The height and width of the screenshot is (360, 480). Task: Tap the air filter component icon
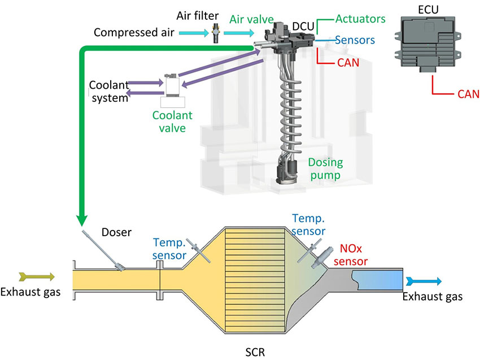point(215,34)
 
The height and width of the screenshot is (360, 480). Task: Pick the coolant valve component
point(172,86)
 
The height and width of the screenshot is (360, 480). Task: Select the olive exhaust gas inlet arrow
point(37,276)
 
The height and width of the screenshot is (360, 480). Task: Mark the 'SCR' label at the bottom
point(255,351)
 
